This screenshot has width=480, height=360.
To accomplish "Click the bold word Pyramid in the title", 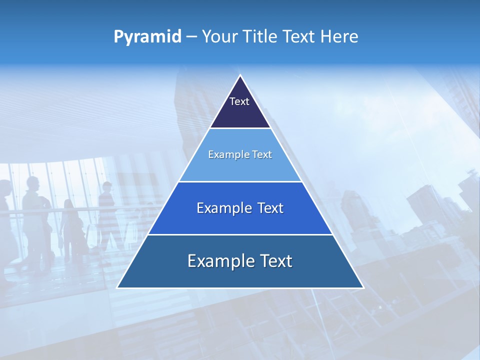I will (x=147, y=37).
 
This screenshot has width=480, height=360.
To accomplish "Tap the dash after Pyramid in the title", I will (x=191, y=37).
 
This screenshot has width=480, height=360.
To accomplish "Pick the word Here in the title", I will (x=340, y=36).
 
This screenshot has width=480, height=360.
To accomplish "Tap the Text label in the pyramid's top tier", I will (x=239, y=101).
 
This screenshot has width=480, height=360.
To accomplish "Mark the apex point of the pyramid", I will (x=240, y=75).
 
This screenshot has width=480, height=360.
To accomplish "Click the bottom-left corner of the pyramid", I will (x=118, y=287).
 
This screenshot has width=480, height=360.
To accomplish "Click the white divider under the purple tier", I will (x=240, y=128).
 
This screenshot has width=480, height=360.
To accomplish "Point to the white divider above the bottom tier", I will (x=240, y=234).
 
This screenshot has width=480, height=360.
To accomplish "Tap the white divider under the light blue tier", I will (x=240, y=181).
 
